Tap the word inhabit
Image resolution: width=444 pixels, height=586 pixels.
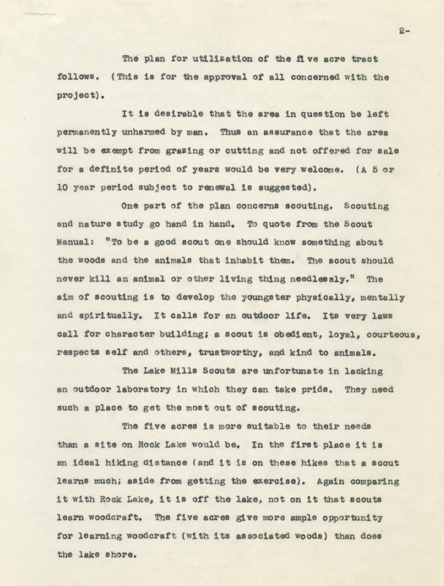[x=244, y=260]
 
